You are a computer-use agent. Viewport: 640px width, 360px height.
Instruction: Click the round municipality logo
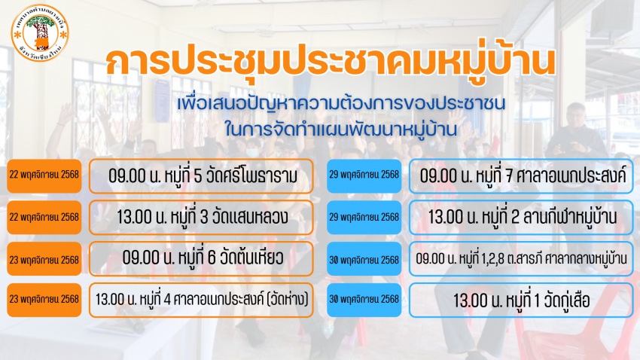40,33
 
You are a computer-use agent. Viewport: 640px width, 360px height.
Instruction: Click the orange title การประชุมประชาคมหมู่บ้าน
331,62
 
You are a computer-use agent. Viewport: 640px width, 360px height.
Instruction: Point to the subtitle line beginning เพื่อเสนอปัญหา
341,104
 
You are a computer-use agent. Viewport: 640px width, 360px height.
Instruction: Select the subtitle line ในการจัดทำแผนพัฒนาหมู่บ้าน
341,130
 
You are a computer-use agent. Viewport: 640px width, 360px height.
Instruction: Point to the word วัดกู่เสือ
568,301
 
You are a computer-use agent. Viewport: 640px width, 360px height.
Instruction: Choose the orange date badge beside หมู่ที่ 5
44,176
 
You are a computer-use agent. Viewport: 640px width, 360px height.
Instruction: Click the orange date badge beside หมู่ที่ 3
44,217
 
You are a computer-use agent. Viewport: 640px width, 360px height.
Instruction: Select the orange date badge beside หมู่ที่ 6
44,259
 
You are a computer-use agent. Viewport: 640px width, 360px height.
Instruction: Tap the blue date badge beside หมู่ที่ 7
364,176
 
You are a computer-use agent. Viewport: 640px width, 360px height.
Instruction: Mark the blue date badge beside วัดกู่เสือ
364,300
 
